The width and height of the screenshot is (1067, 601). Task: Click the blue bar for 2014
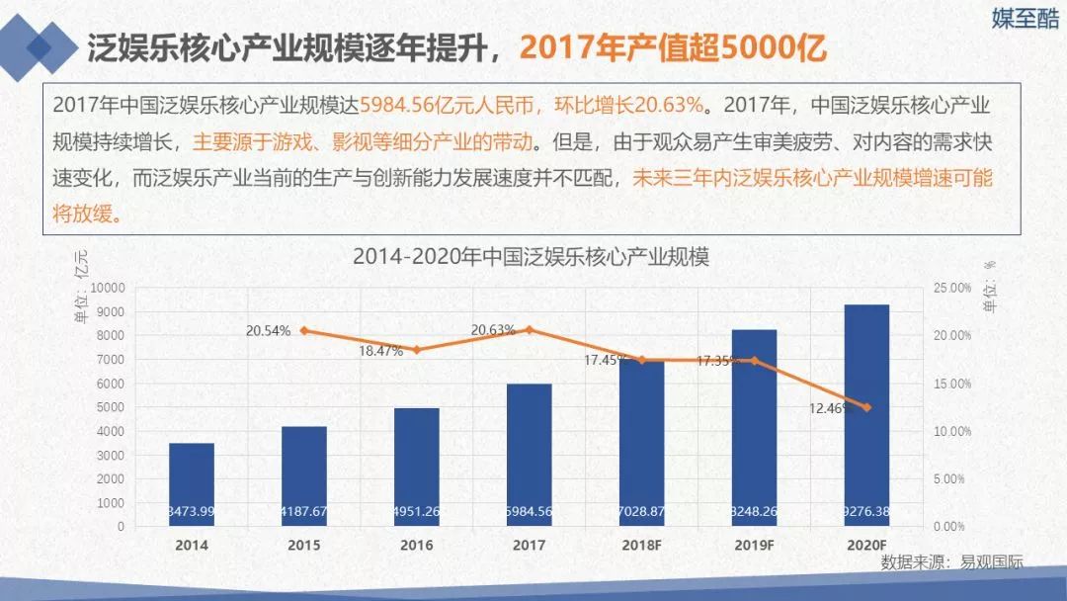tap(192, 484)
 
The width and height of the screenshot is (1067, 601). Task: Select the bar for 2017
tap(530, 455)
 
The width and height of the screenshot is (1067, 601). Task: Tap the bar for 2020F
tap(866, 415)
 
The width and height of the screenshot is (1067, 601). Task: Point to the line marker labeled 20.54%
tap(304, 330)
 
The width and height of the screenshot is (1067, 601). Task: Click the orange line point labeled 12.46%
tap(867, 407)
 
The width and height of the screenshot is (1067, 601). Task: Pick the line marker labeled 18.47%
tap(416, 350)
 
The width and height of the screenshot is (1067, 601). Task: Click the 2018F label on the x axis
tap(641, 545)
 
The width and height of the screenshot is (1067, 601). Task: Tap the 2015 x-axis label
tap(303, 545)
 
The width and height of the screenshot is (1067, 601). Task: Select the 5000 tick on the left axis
tap(111, 407)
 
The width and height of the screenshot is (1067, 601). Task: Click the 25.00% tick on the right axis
tap(952, 288)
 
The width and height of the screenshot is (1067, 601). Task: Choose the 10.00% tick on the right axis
tap(952, 431)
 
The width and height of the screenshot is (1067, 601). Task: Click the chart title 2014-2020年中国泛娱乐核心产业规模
tap(532, 257)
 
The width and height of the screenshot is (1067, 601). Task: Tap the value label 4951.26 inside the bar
tap(416, 511)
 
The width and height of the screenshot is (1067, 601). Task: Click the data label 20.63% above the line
tap(493, 330)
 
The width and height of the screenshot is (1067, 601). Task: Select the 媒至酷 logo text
tap(1024, 19)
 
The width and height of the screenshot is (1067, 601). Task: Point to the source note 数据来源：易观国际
tap(951, 562)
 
